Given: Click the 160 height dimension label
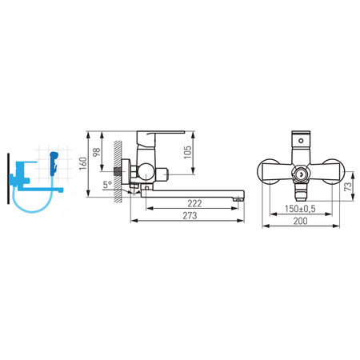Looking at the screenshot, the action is click(x=83, y=163).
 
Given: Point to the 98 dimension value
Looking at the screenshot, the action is click(x=96, y=152).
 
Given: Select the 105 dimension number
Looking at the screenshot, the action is click(x=188, y=152).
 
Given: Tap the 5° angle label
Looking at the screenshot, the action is click(x=107, y=184).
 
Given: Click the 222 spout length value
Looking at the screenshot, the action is click(x=194, y=203).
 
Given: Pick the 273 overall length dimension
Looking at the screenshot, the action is click(x=190, y=215).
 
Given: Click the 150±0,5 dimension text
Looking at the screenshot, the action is click(x=300, y=209).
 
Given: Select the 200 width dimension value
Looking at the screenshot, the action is click(x=301, y=221).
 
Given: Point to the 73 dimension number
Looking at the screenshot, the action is click(x=348, y=186).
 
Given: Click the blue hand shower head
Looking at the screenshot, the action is click(x=54, y=160).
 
